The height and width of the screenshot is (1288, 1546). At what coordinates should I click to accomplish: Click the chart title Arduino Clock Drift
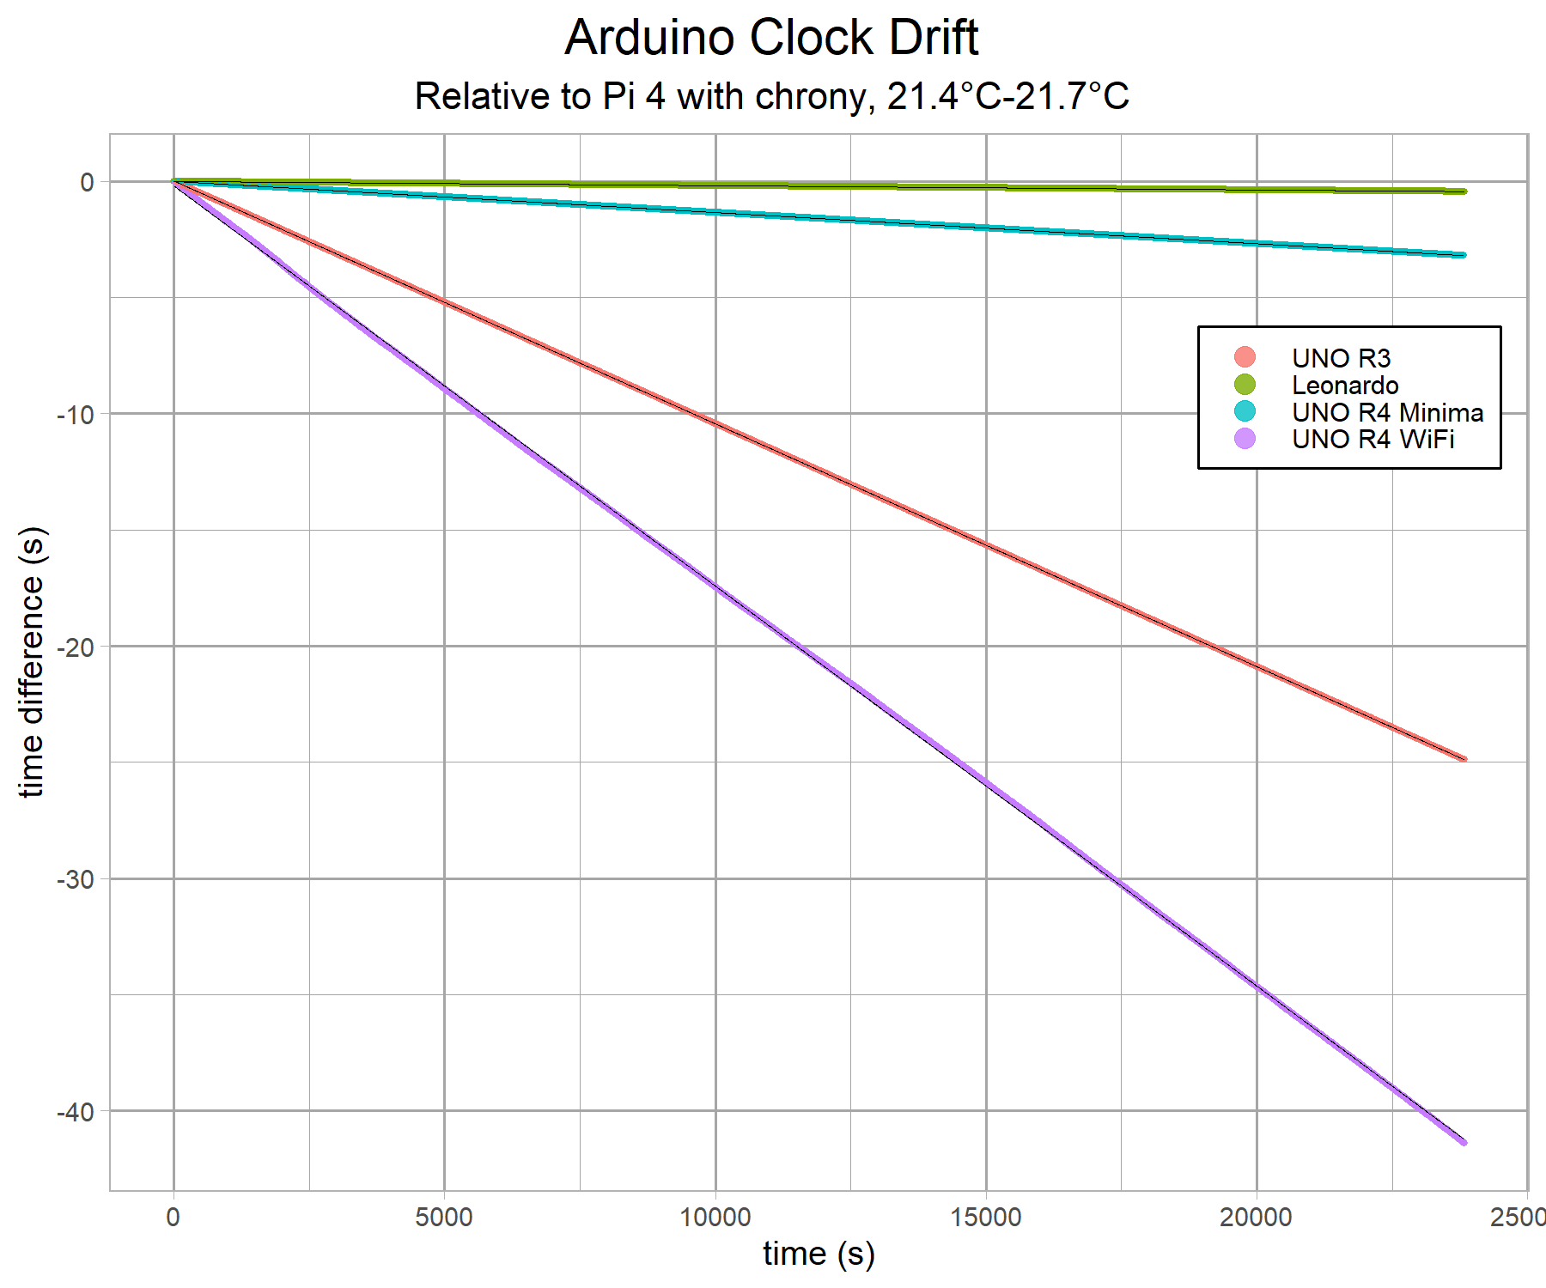(x=771, y=38)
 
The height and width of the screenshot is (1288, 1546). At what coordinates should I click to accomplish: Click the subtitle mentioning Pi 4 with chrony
(x=771, y=96)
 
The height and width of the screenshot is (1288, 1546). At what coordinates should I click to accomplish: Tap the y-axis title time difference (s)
(x=32, y=662)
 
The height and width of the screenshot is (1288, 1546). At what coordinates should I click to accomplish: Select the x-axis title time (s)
(x=819, y=1254)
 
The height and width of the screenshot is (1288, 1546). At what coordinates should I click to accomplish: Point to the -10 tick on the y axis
(x=75, y=415)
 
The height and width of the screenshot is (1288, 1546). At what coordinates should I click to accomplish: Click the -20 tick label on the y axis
(x=75, y=647)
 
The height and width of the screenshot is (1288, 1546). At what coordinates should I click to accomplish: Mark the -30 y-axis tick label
(x=75, y=880)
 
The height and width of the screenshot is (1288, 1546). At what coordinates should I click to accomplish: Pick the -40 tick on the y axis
(x=75, y=1112)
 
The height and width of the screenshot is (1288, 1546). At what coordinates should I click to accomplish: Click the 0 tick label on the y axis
(x=87, y=182)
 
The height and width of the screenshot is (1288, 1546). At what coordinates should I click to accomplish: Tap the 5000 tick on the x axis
(x=444, y=1218)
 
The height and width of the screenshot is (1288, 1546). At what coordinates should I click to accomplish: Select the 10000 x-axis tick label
(x=715, y=1218)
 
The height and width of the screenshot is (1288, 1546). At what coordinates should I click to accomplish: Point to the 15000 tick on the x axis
(x=986, y=1218)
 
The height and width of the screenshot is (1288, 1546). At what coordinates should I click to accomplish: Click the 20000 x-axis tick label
(x=1257, y=1218)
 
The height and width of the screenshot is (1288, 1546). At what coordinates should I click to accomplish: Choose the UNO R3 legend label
(x=1341, y=358)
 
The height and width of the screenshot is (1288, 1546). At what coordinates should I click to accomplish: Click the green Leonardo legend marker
(x=1245, y=385)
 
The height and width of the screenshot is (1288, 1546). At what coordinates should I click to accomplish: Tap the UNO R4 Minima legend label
(x=1387, y=412)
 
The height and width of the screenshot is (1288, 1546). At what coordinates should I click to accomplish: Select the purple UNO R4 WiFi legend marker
(x=1245, y=439)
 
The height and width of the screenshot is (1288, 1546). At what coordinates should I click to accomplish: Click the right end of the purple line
(x=1464, y=1142)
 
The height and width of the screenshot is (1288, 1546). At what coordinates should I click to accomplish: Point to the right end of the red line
(x=1464, y=759)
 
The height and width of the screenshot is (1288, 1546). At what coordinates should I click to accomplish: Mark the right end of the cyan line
(x=1464, y=255)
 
